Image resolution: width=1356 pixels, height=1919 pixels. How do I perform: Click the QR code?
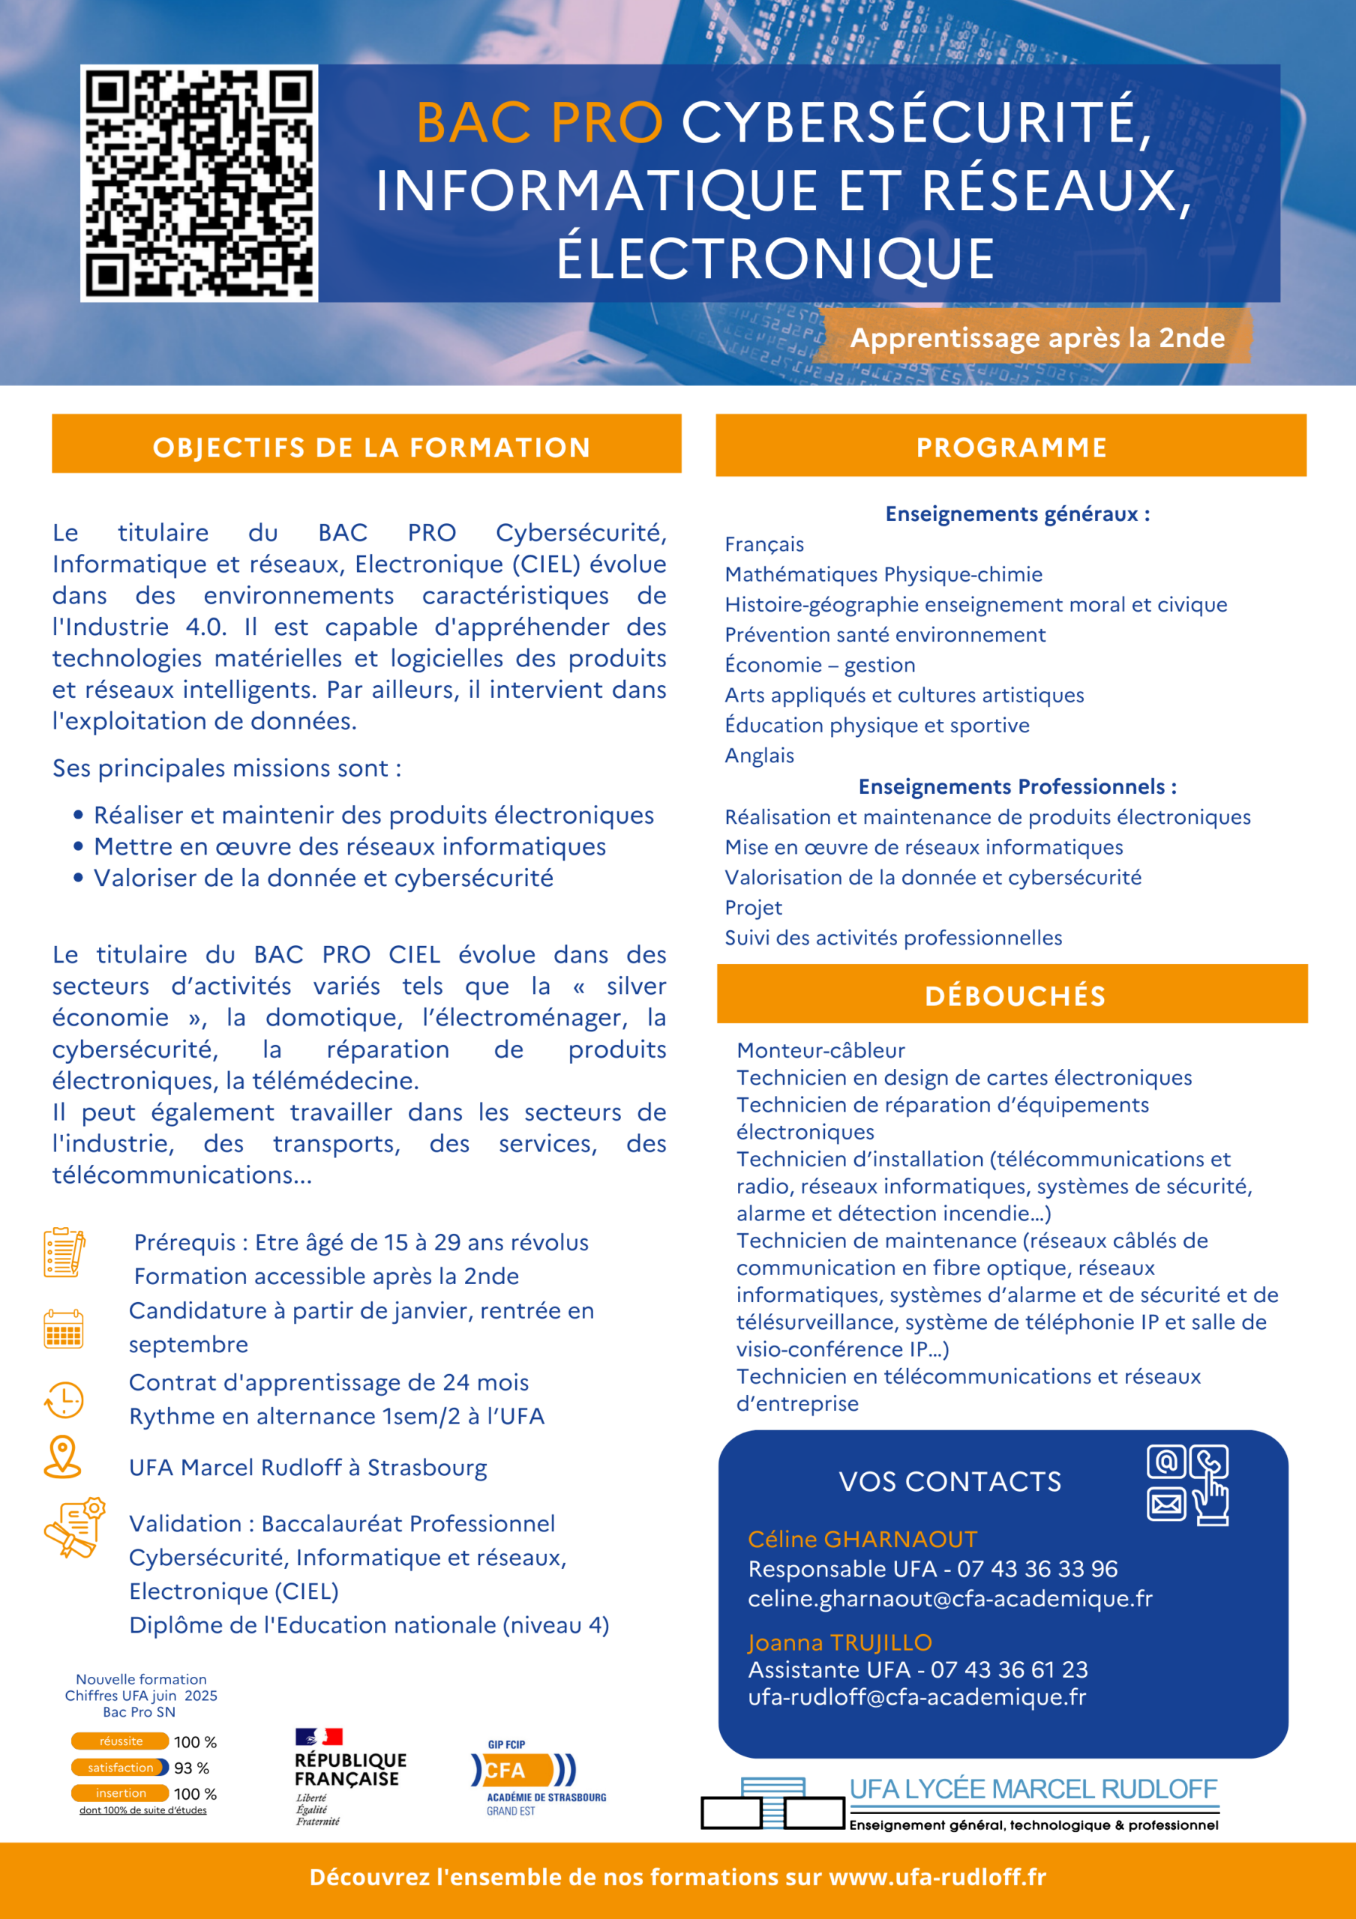tap(199, 183)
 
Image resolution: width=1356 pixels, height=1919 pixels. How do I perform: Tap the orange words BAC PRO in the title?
tap(539, 123)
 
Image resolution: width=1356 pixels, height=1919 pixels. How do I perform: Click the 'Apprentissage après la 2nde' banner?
tap(1036, 337)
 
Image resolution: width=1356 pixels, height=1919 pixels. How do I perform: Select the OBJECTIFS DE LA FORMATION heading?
tap(371, 448)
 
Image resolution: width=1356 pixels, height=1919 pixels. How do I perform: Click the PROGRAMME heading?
tap(1012, 448)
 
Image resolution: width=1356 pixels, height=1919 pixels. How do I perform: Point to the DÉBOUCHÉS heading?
tap(1015, 995)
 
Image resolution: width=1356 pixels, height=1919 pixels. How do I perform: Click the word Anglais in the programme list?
tap(759, 756)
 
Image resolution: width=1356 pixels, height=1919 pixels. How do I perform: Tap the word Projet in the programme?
tap(753, 908)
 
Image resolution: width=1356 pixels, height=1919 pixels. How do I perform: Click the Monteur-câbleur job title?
tap(820, 1051)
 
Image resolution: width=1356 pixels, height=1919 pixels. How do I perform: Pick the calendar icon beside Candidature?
tap(64, 1328)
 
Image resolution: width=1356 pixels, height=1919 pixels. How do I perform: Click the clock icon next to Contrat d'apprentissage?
tap(64, 1399)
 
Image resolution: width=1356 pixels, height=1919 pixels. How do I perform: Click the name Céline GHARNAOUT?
tap(862, 1539)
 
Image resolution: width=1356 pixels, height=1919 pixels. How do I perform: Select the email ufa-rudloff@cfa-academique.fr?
tap(916, 1696)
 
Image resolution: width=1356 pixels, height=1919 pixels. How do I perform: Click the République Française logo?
tap(349, 1777)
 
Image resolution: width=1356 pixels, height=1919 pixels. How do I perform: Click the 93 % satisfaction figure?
tap(191, 1768)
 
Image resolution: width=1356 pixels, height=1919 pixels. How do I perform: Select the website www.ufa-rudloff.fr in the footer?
tap(937, 1877)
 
